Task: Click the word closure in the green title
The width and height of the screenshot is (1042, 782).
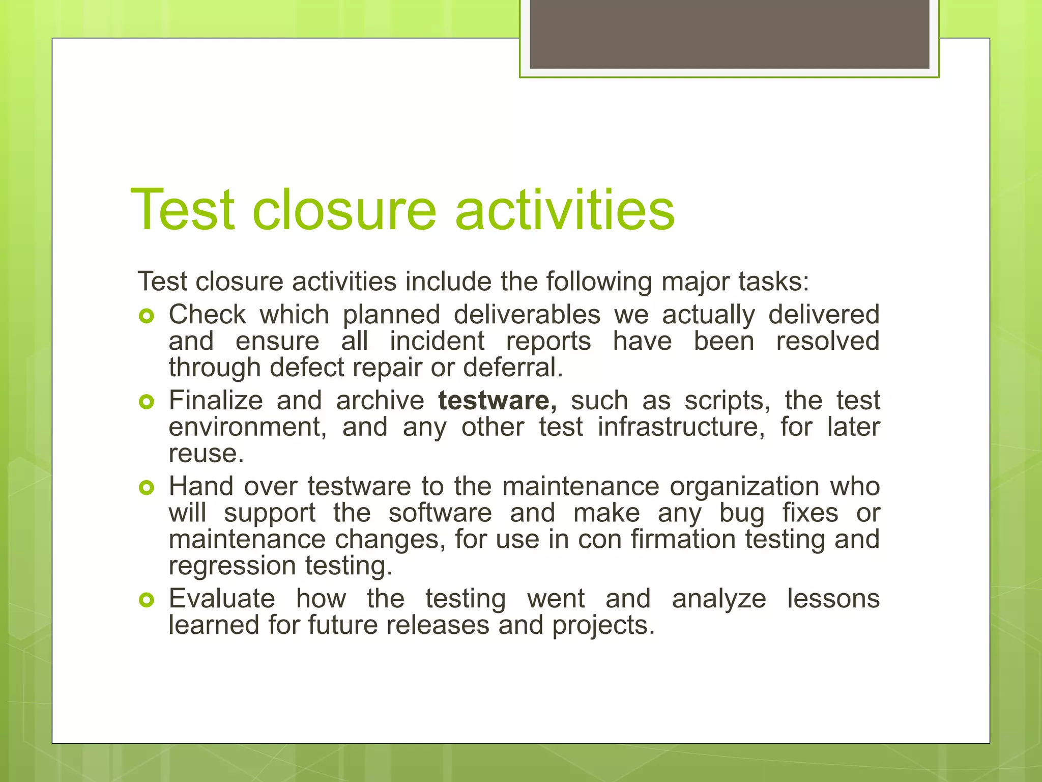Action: point(344,210)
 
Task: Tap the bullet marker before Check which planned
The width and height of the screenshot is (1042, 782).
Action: point(146,317)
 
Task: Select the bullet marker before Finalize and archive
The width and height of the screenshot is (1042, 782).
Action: point(146,403)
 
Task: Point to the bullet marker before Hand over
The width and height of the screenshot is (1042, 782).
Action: point(146,488)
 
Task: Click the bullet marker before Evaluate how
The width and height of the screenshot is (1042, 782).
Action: point(146,601)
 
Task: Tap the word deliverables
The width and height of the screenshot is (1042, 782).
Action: point(527,315)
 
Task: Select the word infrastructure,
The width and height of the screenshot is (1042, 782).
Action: point(681,427)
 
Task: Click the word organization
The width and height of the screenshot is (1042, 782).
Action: point(744,486)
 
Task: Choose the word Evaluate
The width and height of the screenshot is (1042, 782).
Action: point(222,599)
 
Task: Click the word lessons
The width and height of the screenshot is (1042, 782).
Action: point(833,599)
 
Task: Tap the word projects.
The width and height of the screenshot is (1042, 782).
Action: point(603,625)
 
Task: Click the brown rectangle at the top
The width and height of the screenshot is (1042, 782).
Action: point(729,34)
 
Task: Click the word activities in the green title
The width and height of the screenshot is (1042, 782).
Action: point(565,210)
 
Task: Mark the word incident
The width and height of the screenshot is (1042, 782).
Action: point(437,341)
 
